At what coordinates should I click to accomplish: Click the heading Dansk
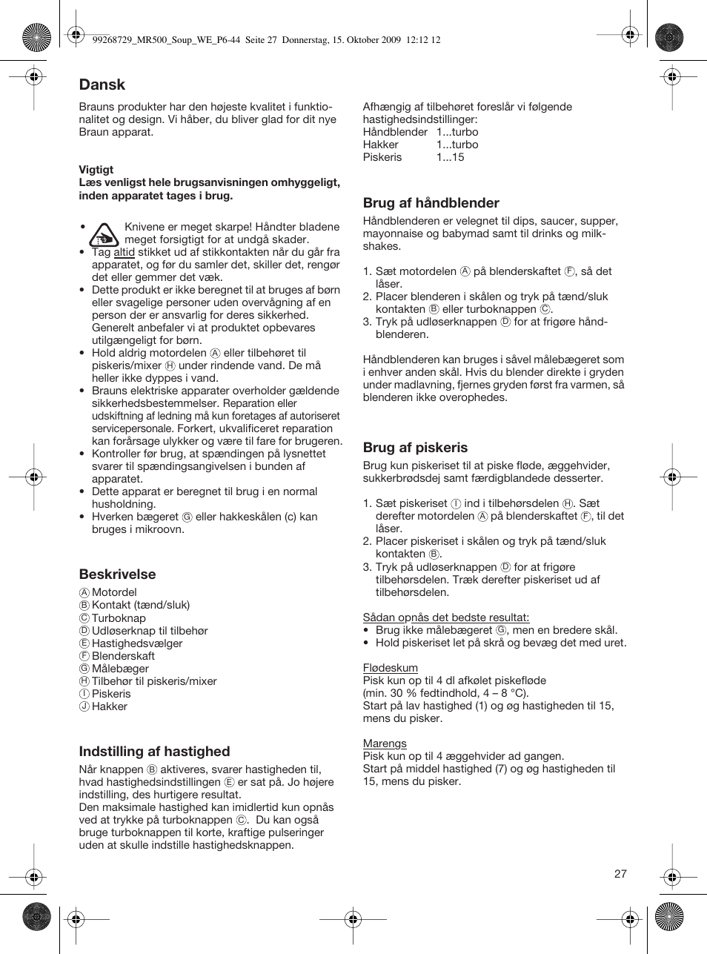pyautogui.click(x=102, y=85)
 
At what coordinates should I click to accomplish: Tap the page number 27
pyautogui.click(x=620, y=873)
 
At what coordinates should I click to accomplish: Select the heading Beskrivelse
pyautogui.click(x=117, y=574)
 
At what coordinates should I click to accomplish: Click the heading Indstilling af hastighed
pyautogui.click(x=154, y=751)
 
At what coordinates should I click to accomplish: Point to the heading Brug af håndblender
pyautogui.click(x=431, y=202)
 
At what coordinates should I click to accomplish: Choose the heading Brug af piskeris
pyautogui.click(x=415, y=447)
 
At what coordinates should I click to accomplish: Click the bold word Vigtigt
pyautogui.click(x=96, y=170)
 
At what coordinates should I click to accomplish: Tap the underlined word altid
pyautogui.click(x=124, y=252)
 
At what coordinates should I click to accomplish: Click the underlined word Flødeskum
pyautogui.click(x=390, y=667)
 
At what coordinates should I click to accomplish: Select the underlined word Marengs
pyautogui.click(x=385, y=743)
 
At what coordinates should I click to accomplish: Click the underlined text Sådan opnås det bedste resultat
pyautogui.click(x=445, y=617)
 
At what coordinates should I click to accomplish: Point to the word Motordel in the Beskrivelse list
pyautogui.click(x=114, y=592)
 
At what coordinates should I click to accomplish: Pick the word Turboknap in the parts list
pyautogui.click(x=119, y=617)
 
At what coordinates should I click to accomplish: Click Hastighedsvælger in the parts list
pyautogui.click(x=137, y=643)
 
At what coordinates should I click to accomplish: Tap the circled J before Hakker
pyautogui.click(x=84, y=706)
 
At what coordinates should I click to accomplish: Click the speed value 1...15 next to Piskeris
pyautogui.click(x=450, y=157)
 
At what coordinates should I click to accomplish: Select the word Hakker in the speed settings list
pyautogui.click(x=380, y=145)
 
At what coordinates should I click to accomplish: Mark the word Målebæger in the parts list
pyautogui.click(x=120, y=668)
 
